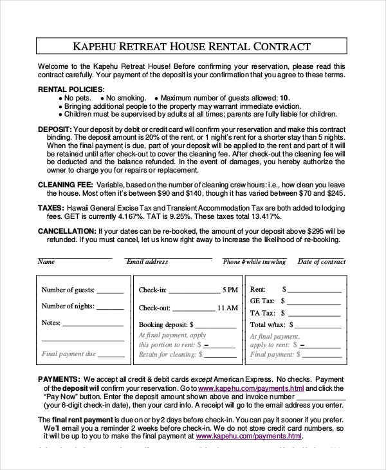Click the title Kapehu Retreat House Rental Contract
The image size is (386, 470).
click(192, 46)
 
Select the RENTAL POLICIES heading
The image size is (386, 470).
click(70, 89)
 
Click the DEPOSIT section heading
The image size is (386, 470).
click(54, 129)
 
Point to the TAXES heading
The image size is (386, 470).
click(51, 208)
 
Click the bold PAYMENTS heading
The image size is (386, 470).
click(59, 379)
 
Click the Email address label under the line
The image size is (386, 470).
click(147, 262)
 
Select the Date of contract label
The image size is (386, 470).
click(321, 262)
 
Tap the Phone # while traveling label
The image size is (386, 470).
click(254, 262)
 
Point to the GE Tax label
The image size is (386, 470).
click(262, 301)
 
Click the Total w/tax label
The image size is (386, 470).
click(267, 324)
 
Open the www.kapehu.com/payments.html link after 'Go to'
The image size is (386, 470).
click(251, 389)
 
